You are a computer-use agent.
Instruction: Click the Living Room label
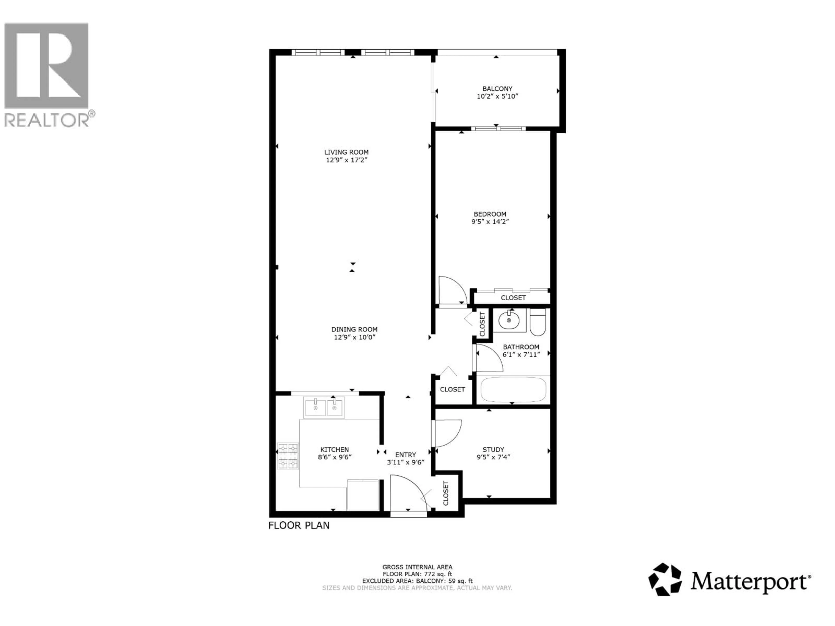(x=346, y=152)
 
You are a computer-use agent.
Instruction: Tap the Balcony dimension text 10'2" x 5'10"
(x=497, y=96)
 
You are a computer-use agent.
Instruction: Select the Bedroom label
(x=490, y=214)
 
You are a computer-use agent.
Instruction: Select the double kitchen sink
(x=324, y=408)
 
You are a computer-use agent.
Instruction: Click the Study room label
(x=493, y=450)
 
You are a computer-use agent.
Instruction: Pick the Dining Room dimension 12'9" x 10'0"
(x=354, y=337)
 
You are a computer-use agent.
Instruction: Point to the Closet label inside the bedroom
(x=513, y=298)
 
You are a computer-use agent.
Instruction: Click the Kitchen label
(x=334, y=450)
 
